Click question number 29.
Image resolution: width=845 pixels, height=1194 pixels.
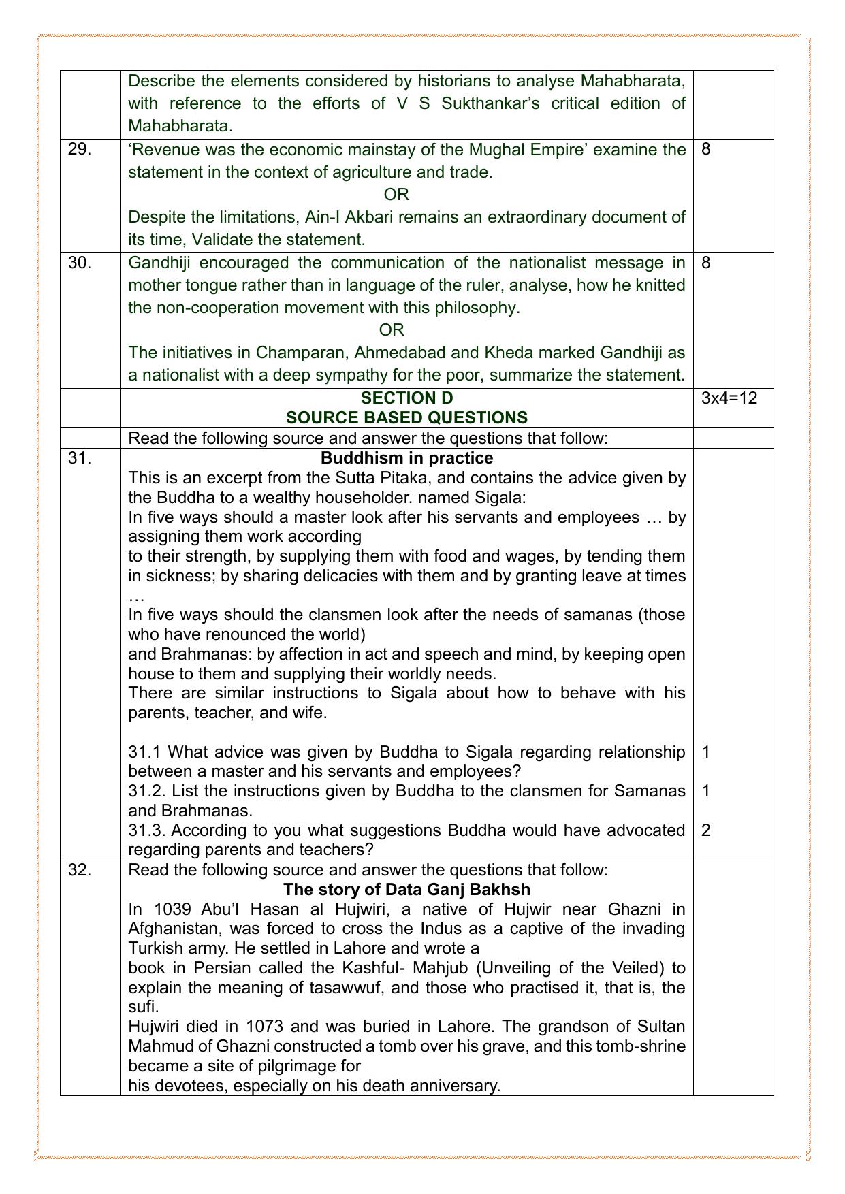pyautogui.click(x=80, y=149)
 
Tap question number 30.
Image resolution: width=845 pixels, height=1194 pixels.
pyautogui.click(x=80, y=263)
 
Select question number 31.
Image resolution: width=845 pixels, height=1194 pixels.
pyautogui.click(x=80, y=458)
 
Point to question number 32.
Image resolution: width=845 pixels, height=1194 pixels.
pyautogui.click(x=80, y=870)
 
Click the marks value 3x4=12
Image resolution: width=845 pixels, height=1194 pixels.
pyautogui.click(x=729, y=398)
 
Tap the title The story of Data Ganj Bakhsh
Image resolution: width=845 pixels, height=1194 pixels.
pyautogui.click(x=406, y=890)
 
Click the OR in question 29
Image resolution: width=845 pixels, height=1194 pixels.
pyautogui.click(x=396, y=195)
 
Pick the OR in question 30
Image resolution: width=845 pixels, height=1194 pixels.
pyautogui.click(x=392, y=330)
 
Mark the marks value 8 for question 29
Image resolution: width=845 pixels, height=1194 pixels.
pyautogui.click(x=705, y=149)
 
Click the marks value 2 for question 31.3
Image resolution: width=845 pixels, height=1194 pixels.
pyautogui.click(x=706, y=830)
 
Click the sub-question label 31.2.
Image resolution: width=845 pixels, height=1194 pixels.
pyautogui.click(x=144, y=791)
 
